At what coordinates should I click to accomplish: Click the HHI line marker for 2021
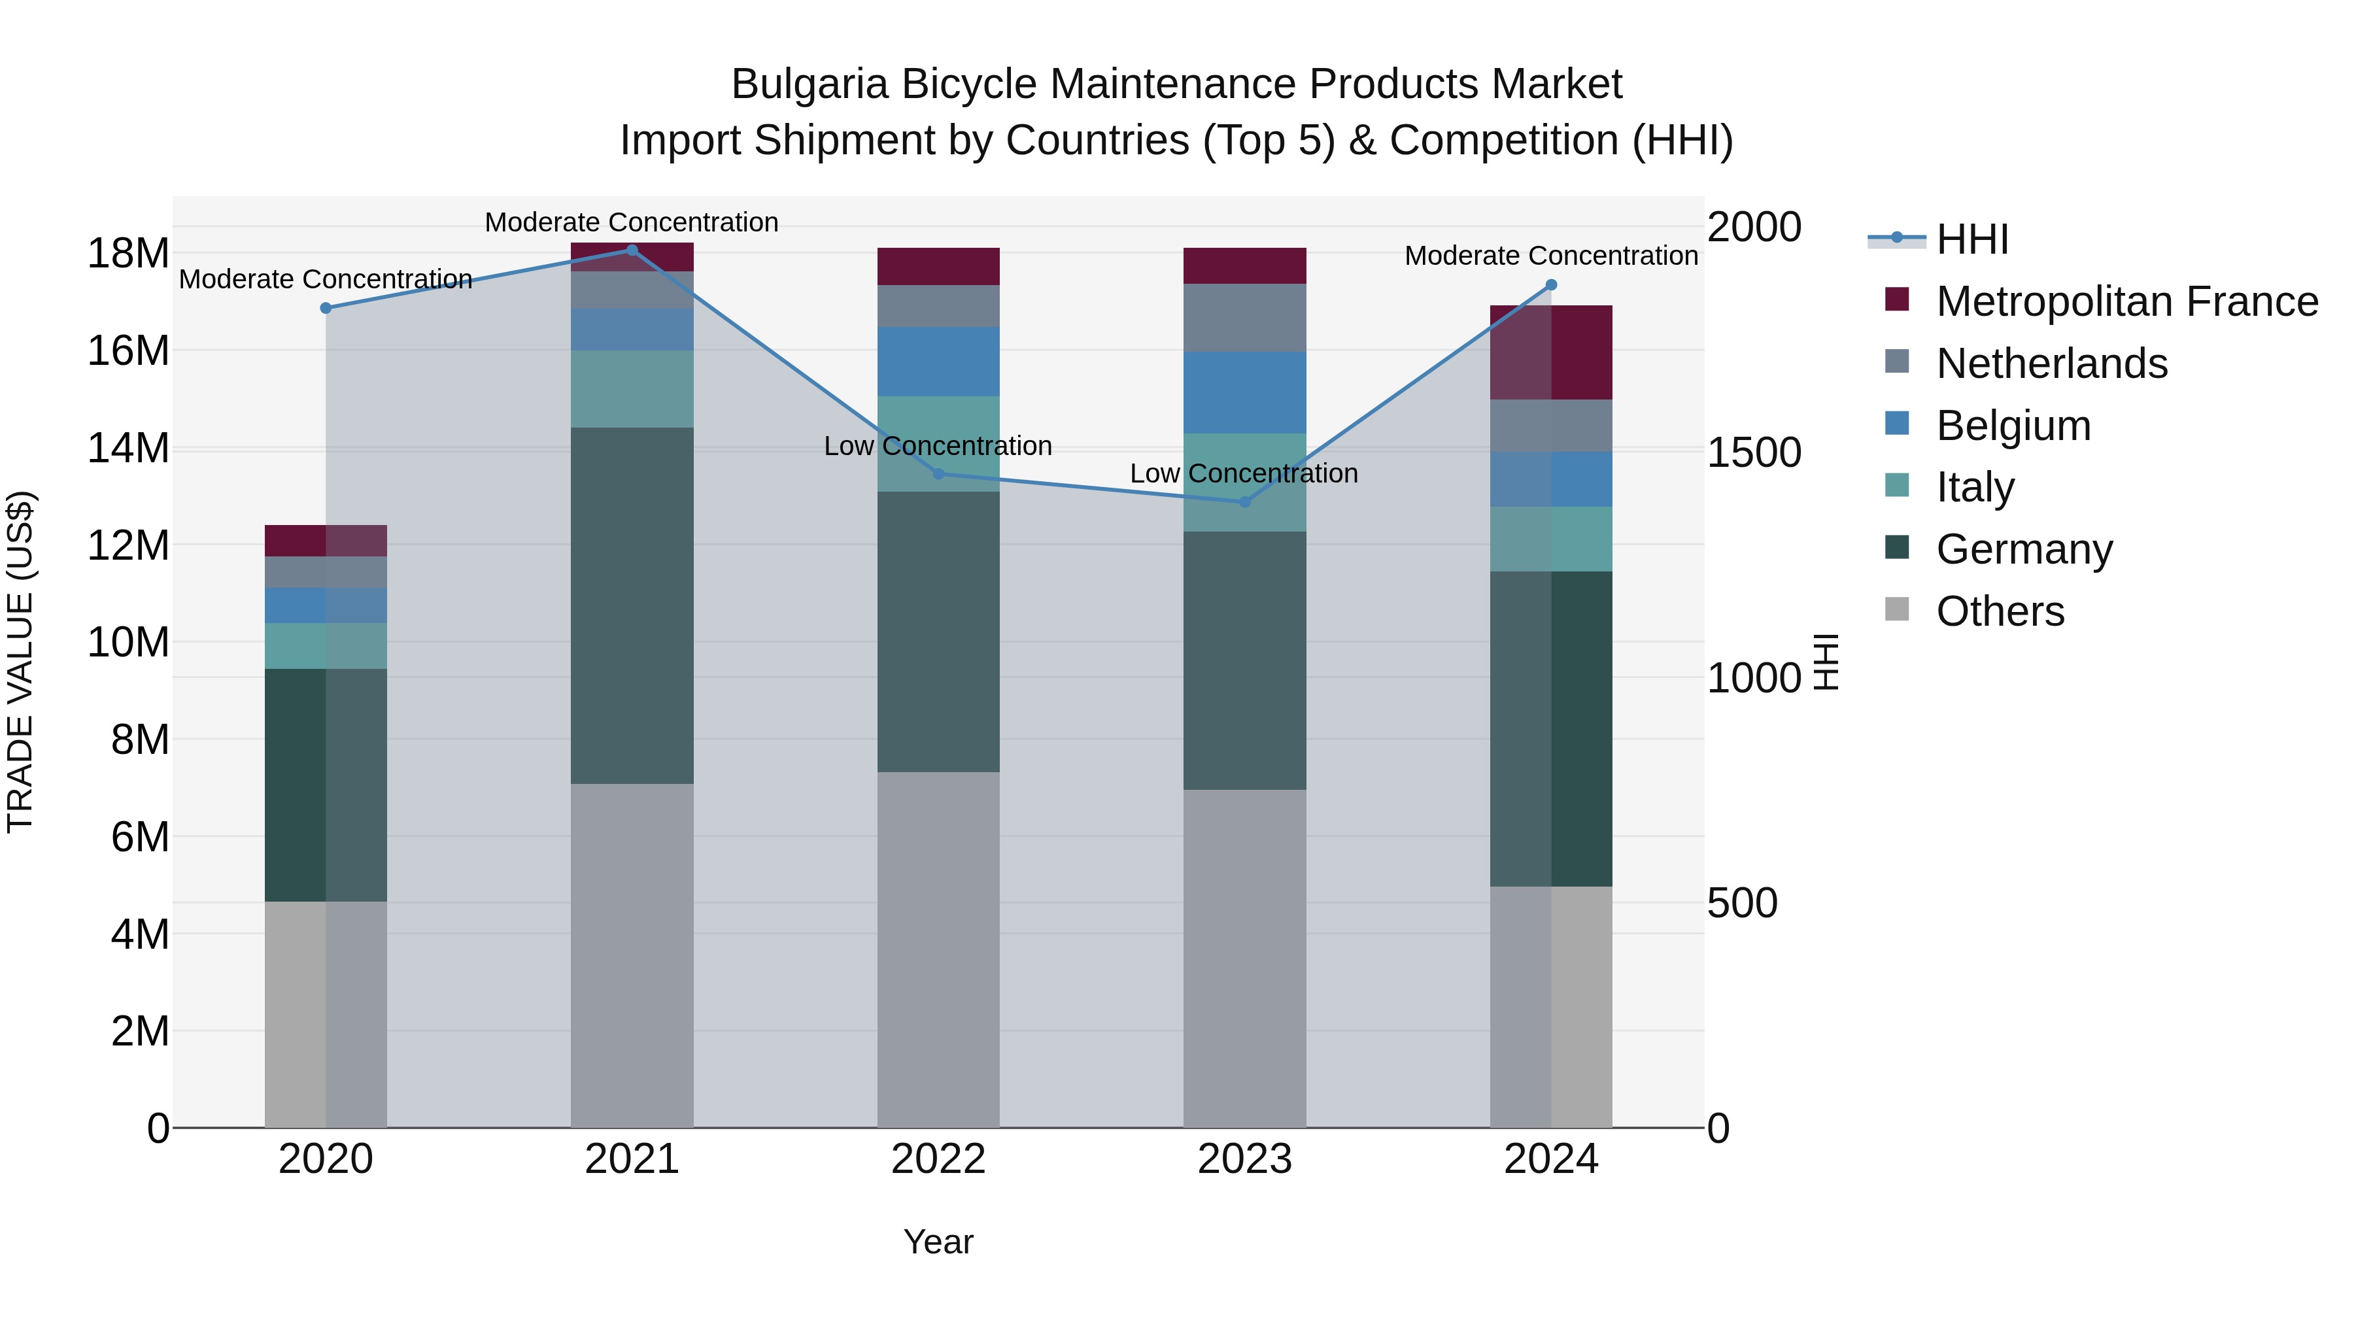(x=632, y=250)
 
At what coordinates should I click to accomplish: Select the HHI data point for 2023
(x=1244, y=501)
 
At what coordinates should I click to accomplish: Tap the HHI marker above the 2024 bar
(x=1551, y=285)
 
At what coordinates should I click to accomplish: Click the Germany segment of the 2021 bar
(x=632, y=605)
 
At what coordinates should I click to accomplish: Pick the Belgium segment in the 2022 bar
(x=938, y=362)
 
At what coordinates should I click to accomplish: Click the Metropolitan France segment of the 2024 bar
(x=1551, y=352)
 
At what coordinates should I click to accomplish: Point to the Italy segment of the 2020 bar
(x=326, y=646)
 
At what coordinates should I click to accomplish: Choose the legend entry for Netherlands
(x=2051, y=364)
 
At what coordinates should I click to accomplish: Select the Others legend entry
(x=2000, y=611)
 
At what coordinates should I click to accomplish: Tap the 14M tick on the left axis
(x=128, y=449)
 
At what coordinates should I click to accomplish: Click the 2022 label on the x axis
(x=938, y=1159)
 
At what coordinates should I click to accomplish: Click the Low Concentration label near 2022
(x=938, y=446)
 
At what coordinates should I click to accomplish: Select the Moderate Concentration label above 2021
(x=632, y=222)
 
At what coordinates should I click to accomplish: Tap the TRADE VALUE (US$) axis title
(x=20, y=662)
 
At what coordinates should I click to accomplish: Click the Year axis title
(x=938, y=1242)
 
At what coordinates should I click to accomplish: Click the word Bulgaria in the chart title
(x=809, y=84)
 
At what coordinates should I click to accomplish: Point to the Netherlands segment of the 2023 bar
(x=1244, y=318)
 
